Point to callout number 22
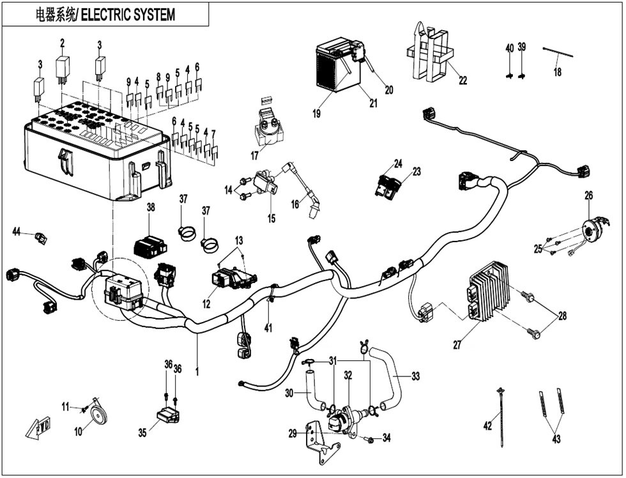tap(462, 81)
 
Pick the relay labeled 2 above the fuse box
tap(63, 68)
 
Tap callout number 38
tap(151, 207)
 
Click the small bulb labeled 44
tap(41, 238)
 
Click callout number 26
tap(589, 196)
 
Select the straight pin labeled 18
tap(558, 52)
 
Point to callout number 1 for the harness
tap(197, 371)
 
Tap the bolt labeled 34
tap(369, 440)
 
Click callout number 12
tap(206, 304)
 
